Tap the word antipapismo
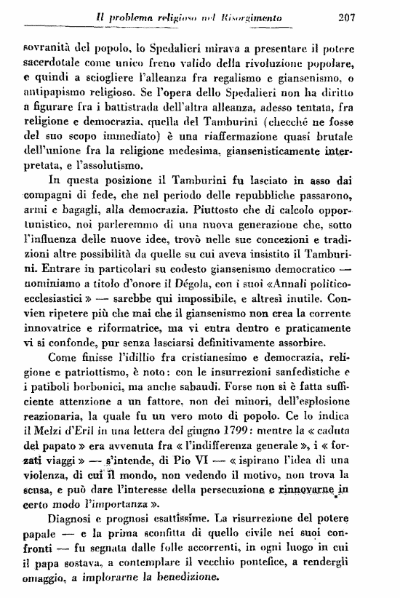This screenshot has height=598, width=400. pos(66,93)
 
